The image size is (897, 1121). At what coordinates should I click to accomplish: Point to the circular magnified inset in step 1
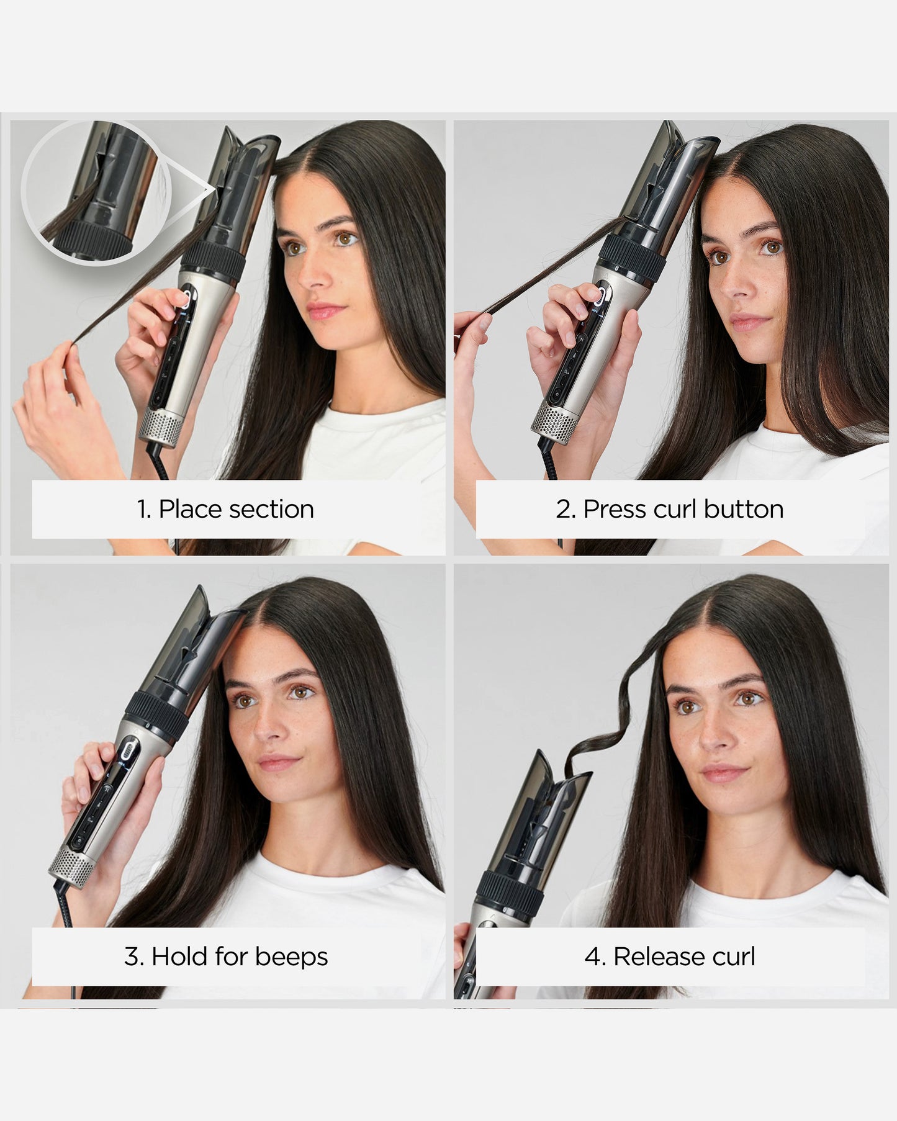90,193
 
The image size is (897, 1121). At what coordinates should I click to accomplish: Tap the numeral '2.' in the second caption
566,510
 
